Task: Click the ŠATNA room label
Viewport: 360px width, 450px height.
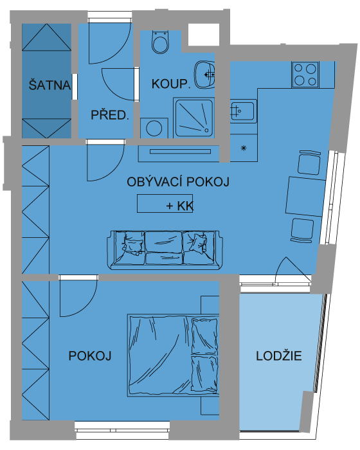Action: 50,85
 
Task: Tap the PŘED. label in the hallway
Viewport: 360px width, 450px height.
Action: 110,115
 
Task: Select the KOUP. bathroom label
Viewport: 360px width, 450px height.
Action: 171,84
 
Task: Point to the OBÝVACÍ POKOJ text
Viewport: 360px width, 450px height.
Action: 178,182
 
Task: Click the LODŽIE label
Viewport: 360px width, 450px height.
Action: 279,356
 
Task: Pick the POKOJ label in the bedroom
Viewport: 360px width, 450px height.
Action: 90,356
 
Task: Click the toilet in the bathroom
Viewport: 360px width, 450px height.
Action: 160,42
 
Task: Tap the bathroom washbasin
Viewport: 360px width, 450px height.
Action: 204,75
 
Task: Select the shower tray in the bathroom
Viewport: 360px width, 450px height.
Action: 194,118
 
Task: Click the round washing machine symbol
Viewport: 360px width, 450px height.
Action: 154,129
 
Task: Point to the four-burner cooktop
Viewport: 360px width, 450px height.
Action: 305,75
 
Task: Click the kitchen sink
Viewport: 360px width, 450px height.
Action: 243,111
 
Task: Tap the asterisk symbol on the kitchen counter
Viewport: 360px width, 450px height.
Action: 244,148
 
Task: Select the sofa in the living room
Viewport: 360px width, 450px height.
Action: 165,250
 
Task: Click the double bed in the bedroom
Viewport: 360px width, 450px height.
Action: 174,355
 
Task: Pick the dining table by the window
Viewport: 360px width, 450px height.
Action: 305,197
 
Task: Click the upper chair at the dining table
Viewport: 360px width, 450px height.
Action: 309,163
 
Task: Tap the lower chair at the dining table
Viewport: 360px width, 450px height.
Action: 301,230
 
